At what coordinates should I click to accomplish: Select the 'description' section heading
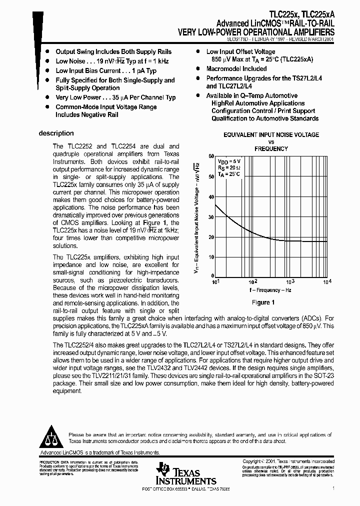(56, 133)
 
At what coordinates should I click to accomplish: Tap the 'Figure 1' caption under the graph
(263, 302)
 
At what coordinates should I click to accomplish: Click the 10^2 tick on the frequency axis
(253, 281)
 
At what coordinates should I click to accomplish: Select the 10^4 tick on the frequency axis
(327, 281)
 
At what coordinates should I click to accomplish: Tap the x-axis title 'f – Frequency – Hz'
(270, 290)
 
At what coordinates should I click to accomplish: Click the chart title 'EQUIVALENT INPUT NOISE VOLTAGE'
(271, 135)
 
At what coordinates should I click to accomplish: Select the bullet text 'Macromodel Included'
(236, 69)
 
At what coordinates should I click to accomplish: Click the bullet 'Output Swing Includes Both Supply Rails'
(113, 51)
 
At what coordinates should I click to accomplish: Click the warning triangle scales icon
(52, 438)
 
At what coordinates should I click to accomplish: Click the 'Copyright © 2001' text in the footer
(265, 461)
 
